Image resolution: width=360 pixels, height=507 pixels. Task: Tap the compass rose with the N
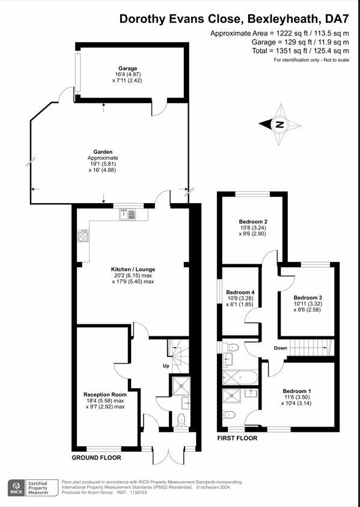point(279,125)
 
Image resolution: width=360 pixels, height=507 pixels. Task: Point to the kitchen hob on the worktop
point(83,235)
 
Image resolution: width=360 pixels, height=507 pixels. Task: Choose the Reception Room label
point(104,395)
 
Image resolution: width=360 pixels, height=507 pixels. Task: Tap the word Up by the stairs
point(166,366)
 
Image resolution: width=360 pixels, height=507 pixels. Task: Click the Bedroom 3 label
point(308,297)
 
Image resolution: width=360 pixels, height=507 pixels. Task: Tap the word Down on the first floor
point(281,348)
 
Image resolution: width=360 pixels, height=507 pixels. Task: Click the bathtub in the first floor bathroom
point(240,377)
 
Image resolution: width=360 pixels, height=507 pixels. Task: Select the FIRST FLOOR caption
point(237,439)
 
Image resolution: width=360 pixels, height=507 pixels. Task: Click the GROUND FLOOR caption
point(96,458)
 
